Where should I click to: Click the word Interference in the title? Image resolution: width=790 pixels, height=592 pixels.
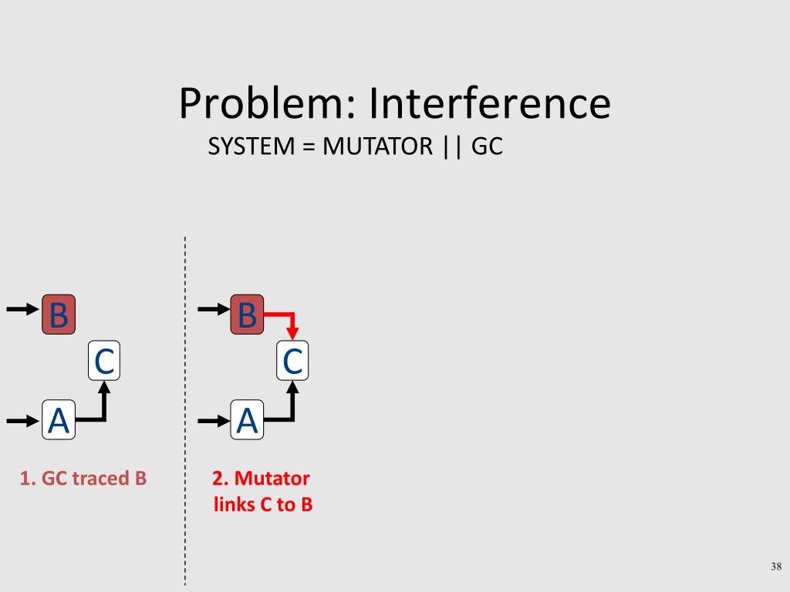tap(490, 104)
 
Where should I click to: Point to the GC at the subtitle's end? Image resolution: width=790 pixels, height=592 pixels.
tap(487, 146)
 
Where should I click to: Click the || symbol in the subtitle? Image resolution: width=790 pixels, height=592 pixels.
tap(450, 146)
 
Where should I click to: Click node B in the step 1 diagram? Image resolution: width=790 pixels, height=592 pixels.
tap(59, 314)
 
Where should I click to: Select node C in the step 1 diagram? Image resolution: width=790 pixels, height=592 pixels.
tap(104, 361)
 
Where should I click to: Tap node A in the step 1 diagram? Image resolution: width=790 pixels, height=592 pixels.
tap(59, 420)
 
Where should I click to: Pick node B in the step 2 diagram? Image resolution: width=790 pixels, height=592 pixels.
tap(247, 314)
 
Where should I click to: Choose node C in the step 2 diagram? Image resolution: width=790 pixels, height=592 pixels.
tap(292, 361)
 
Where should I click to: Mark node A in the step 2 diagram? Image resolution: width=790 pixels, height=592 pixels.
tap(247, 420)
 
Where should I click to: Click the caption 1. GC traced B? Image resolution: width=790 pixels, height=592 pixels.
tap(83, 479)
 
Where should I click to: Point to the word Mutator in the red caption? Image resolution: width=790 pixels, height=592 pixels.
tap(272, 479)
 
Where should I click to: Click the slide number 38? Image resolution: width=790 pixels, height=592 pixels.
tap(776, 567)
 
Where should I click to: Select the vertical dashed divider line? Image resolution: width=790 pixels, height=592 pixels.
tap(185, 409)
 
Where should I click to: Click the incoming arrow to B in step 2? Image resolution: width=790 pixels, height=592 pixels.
tap(214, 310)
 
